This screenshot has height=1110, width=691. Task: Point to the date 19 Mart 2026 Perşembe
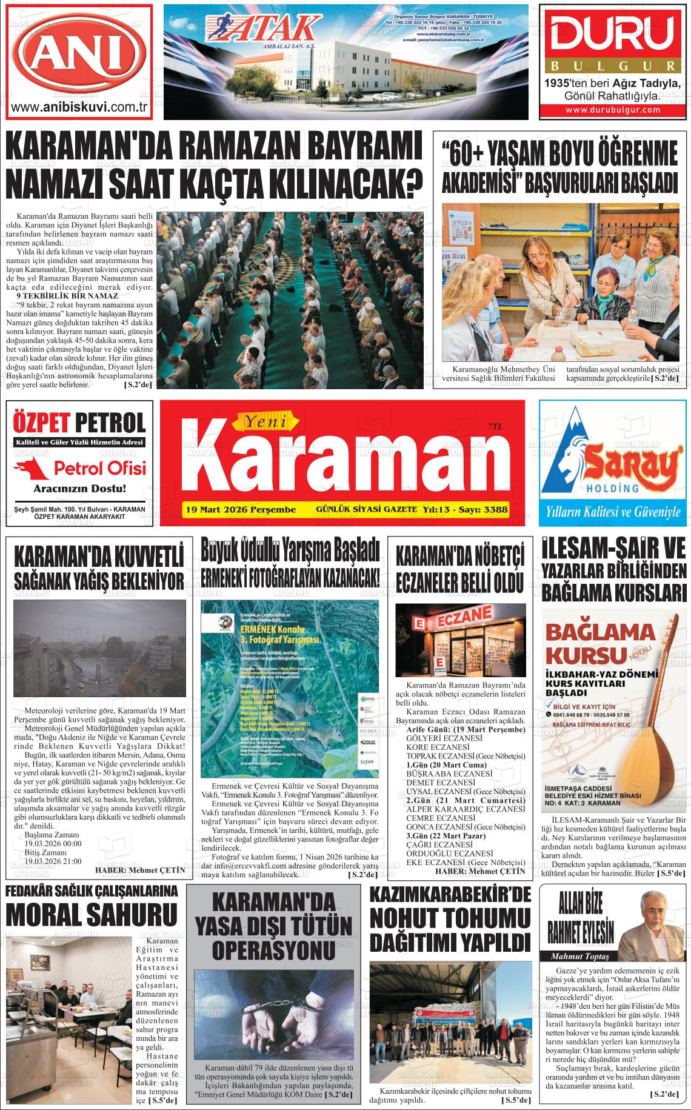tap(241, 509)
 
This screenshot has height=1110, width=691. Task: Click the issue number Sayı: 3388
tap(483, 509)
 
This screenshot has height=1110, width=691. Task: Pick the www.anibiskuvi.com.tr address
tap(80, 108)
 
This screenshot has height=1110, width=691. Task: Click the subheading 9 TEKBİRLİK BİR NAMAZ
tap(68, 295)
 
